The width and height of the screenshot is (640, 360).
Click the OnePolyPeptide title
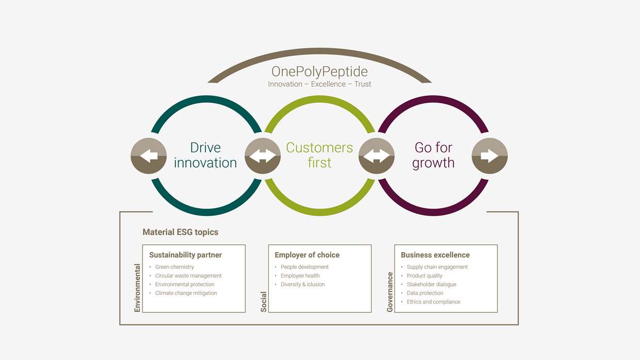[319, 71]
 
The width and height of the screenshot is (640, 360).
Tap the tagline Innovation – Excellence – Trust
[319, 84]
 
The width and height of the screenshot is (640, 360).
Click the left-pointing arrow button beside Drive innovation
[149, 155]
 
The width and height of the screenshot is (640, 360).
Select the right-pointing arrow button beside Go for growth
[490, 155]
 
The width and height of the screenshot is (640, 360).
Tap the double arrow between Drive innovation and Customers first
[263, 155]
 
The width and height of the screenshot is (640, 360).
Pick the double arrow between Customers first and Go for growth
[376, 155]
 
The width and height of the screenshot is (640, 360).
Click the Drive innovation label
[205, 155]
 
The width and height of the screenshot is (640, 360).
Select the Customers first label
[319, 155]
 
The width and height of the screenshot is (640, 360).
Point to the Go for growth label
[434, 155]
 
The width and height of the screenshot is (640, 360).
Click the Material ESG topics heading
[180, 232]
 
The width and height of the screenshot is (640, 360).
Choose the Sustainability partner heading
[185, 255]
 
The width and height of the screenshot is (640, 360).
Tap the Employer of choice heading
[307, 255]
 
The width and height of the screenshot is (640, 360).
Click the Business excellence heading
[435, 255]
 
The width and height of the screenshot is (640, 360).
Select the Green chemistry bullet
[174, 267]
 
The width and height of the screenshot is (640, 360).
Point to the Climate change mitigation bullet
[186, 293]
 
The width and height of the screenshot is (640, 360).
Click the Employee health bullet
[300, 276]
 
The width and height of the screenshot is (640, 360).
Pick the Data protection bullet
[425, 293]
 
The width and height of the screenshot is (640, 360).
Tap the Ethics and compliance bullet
[433, 302]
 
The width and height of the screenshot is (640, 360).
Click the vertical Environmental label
[137, 288]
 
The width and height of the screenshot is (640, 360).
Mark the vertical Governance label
[390, 292]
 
